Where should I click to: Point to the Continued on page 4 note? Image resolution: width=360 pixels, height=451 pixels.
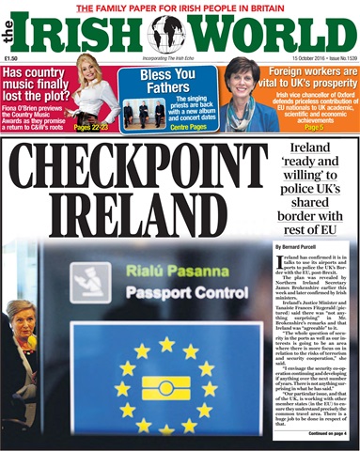(324, 433)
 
